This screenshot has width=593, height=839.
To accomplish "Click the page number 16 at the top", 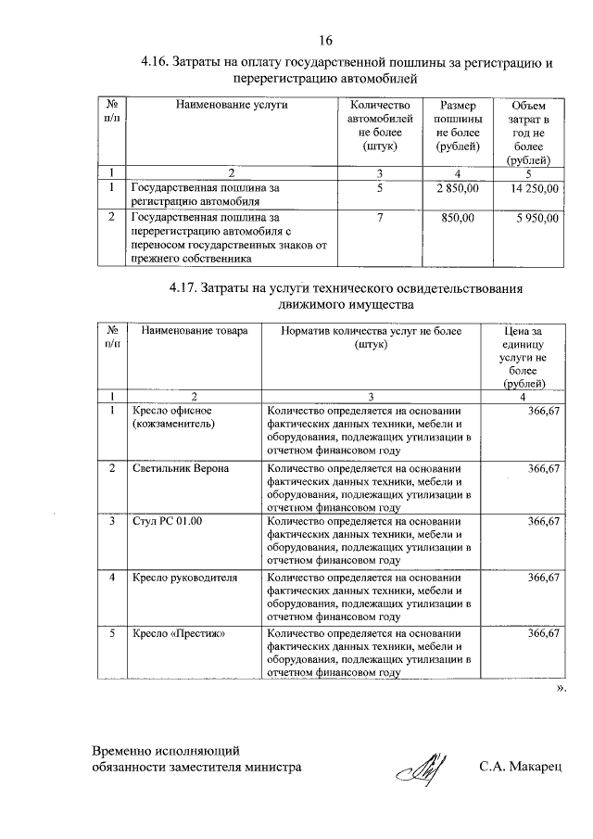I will coord(325,41).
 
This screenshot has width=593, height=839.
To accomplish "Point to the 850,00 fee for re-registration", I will coord(457,219).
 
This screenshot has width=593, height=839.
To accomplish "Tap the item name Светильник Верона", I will coord(180,469).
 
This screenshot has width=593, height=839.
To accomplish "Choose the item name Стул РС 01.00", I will coord(168,522).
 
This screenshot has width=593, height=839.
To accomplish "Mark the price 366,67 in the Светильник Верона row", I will coord(544,469).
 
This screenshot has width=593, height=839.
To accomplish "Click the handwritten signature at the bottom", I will coord(422,766).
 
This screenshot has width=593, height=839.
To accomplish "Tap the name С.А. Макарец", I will coord(526,767).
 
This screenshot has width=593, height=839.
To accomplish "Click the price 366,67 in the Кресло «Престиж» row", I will coord(544,633).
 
